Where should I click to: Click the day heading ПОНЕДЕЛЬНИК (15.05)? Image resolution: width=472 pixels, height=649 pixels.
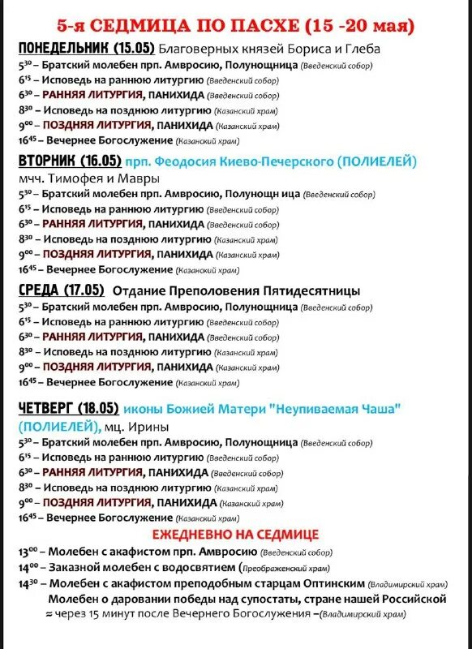click(x=85, y=48)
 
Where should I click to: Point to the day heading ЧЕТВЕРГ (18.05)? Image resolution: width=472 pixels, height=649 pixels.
click(x=68, y=408)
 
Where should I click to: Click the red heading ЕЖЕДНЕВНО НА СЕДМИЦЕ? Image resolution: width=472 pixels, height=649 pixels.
click(x=235, y=535)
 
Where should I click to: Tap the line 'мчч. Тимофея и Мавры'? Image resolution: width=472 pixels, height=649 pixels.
click(x=88, y=178)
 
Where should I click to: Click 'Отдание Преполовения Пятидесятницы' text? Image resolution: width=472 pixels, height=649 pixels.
click(x=236, y=290)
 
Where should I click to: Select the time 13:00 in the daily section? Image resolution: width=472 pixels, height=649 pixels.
click(x=28, y=552)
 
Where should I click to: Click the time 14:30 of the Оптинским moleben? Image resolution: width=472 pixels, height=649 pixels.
click(x=28, y=583)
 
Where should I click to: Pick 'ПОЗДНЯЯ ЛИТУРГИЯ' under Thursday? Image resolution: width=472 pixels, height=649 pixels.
click(x=97, y=502)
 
